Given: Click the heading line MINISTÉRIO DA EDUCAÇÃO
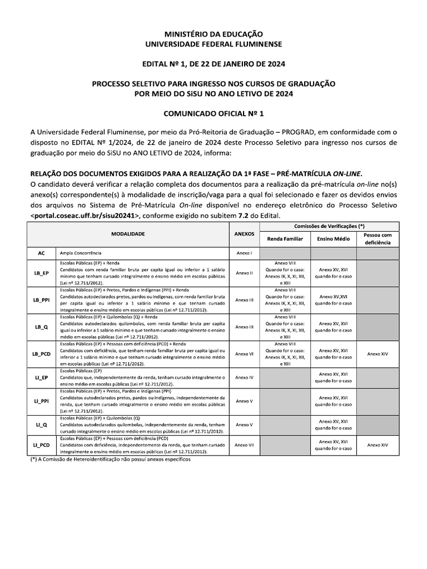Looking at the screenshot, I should [213, 34].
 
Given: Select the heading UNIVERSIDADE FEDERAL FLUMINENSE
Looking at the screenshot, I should [213, 43].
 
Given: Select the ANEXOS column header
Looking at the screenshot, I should [244, 234].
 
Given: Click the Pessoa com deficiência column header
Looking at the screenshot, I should [378, 239].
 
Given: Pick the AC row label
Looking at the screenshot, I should [41, 253].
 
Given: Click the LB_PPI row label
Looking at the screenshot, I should [41, 300].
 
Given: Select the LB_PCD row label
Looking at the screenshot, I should [41, 353].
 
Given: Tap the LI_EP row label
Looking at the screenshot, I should [41, 377].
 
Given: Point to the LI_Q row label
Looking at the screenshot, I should [41, 425].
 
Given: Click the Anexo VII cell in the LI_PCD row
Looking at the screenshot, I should [244, 445].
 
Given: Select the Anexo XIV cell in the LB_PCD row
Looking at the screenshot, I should [378, 353].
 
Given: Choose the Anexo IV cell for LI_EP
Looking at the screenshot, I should [244, 377].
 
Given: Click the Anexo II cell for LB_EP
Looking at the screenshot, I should [244, 273].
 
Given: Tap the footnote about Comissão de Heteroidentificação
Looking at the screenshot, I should [106, 460].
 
